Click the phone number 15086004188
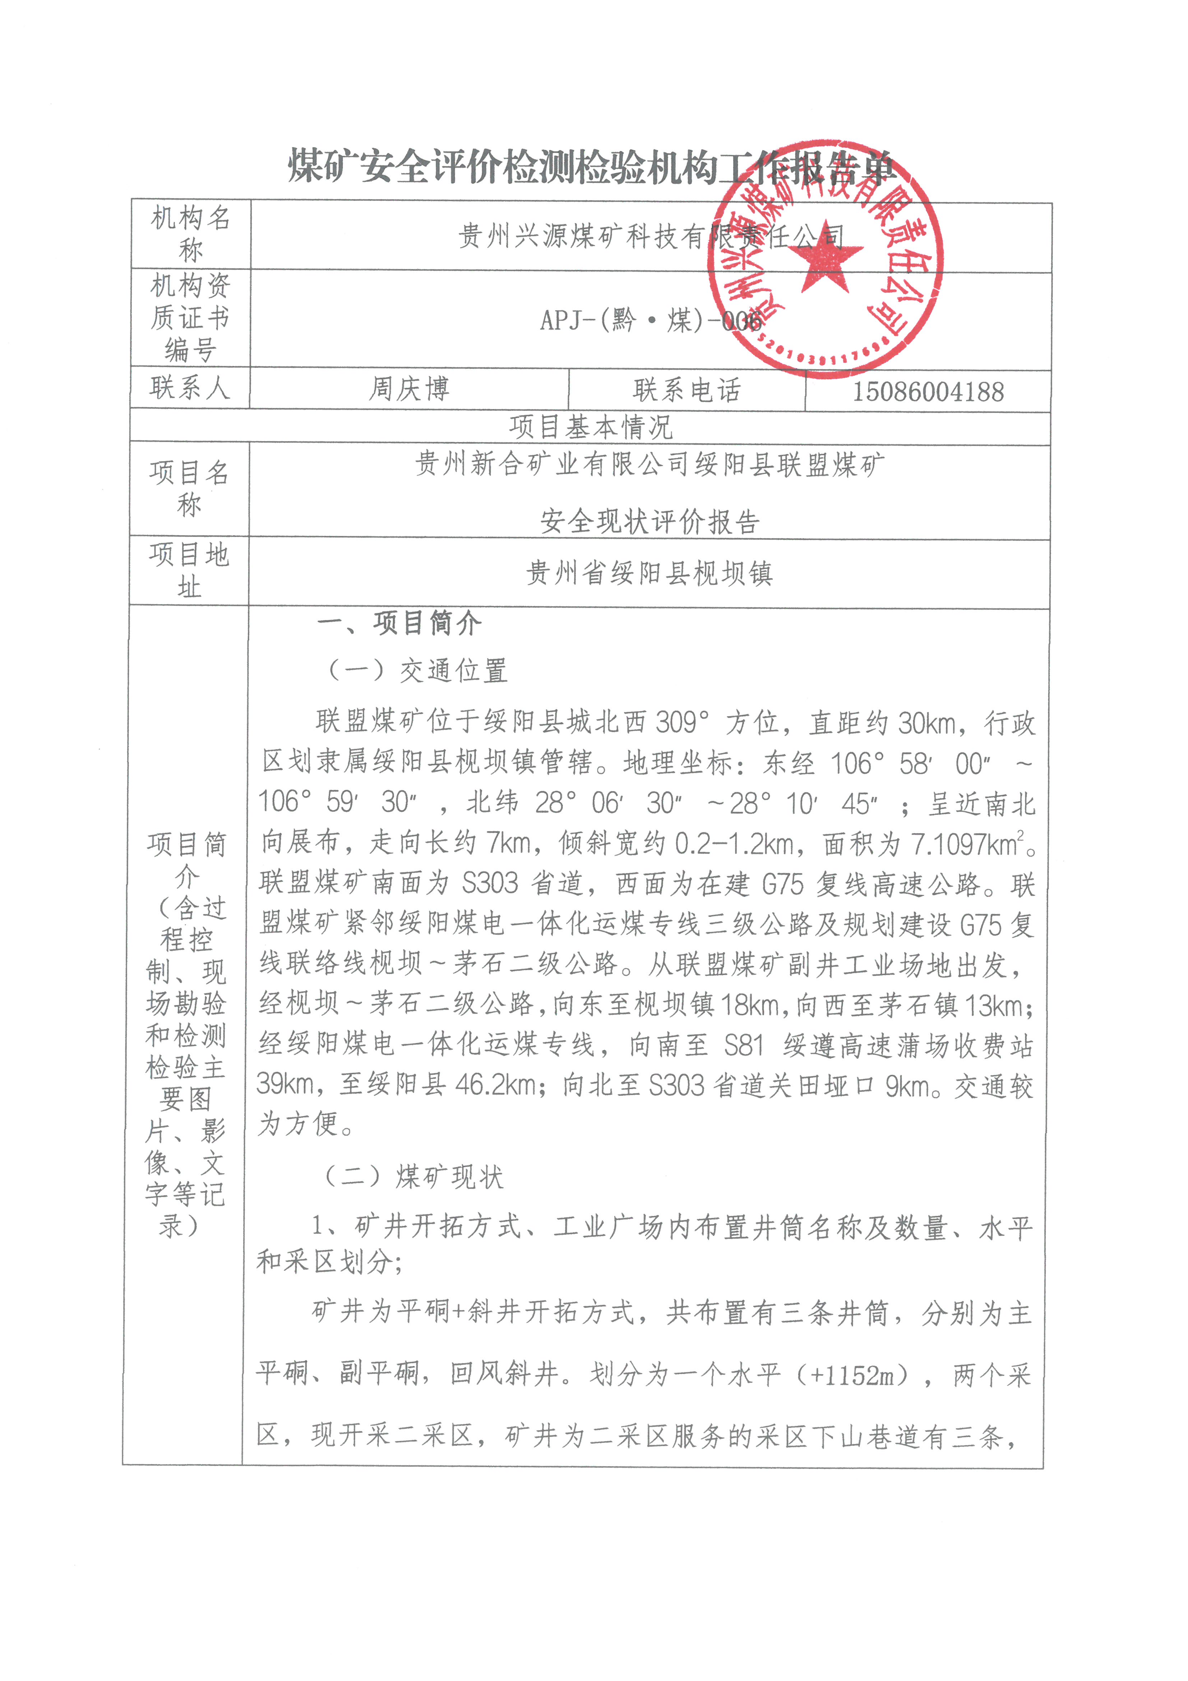pyautogui.click(x=928, y=391)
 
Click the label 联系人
pyautogui.click(x=190, y=387)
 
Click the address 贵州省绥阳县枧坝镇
pyautogui.click(x=648, y=573)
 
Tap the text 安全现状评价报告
pyautogui.click(x=649, y=521)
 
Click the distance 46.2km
pyautogui.click(x=496, y=1084)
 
